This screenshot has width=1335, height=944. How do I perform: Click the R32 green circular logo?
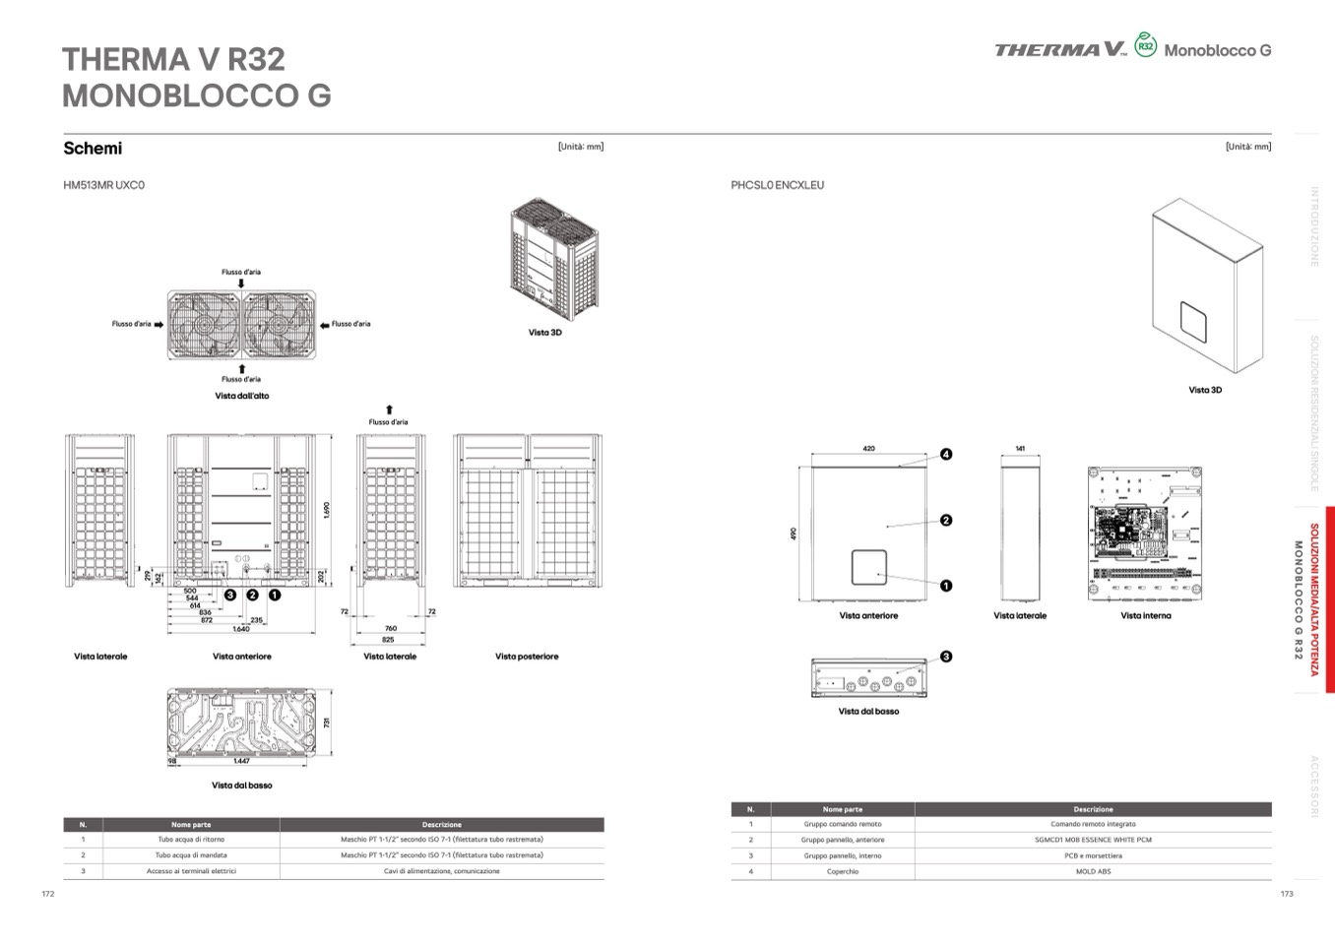pyautogui.click(x=1145, y=45)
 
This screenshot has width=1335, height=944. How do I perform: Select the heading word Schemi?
pyautogui.click(x=93, y=149)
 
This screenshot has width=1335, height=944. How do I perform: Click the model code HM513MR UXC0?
pyautogui.click(x=103, y=185)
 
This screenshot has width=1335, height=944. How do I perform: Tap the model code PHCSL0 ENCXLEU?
pyautogui.click(x=777, y=185)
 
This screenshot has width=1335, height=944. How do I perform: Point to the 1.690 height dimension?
pyautogui.click(x=327, y=510)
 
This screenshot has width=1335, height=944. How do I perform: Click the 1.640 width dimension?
pyautogui.click(x=240, y=629)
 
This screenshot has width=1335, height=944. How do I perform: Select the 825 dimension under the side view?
pyautogui.click(x=388, y=640)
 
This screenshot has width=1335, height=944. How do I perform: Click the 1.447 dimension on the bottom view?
pyautogui.click(x=241, y=761)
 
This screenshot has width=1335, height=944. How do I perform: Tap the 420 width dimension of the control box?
pyautogui.click(x=868, y=449)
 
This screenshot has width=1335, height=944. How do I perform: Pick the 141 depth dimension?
pyautogui.click(x=1020, y=449)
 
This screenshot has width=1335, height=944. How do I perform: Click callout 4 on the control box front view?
pyautogui.click(x=946, y=455)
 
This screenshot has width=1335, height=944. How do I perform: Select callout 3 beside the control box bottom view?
pyautogui.click(x=946, y=657)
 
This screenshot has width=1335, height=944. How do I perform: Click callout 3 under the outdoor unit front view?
pyautogui.click(x=230, y=595)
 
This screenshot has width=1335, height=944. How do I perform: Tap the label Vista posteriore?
pyautogui.click(x=527, y=657)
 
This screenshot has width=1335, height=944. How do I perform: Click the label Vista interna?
pyautogui.click(x=1145, y=616)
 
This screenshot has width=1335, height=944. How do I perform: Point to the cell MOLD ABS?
pyautogui.click(x=1093, y=871)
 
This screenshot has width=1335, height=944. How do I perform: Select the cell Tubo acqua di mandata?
pyautogui.click(x=191, y=855)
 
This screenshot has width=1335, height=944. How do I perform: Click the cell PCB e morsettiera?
pyautogui.click(x=1093, y=855)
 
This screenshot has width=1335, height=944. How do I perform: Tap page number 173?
pyautogui.click(x=1286, y=894)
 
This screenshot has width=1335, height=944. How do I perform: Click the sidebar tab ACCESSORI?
pyautogui.click(x=1313, y=786)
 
